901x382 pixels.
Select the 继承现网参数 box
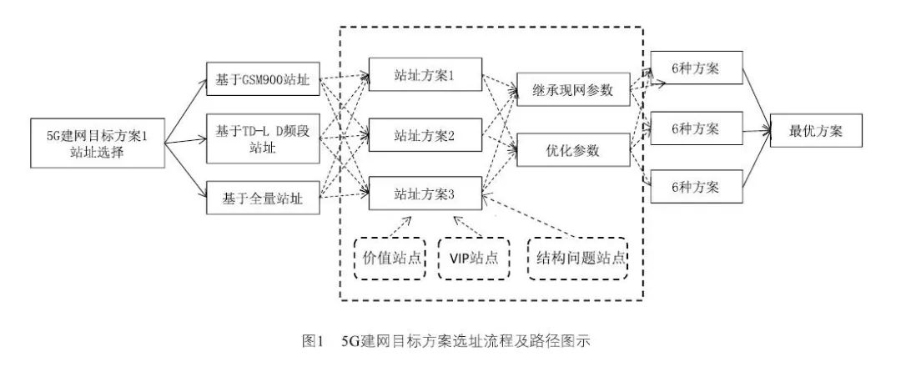pyautogui.click(x=574, y=90)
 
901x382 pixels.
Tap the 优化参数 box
pyautogui.click(x=574, y=152)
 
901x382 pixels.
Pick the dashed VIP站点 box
pyautogui.click(x=474, y=258)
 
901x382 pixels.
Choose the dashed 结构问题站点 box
pyautogui.click(x=578, y=258)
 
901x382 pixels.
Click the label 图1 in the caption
pyautogui.click(x=312, y=341)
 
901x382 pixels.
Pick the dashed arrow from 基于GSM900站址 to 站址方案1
pyautogui.click(x=344, y=77)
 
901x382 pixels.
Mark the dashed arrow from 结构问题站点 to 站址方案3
pyautogui.click(x=534, y=221)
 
